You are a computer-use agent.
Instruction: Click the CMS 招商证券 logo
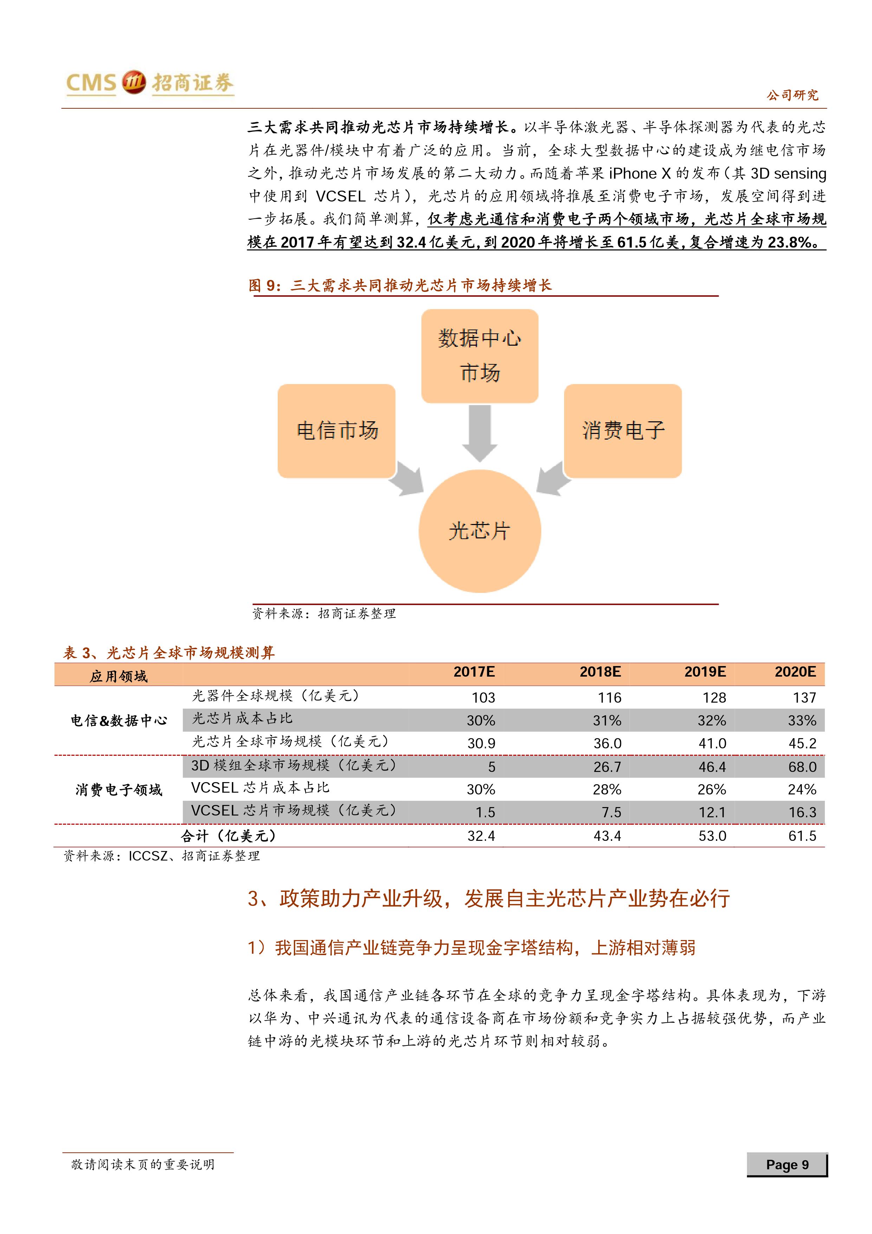150,83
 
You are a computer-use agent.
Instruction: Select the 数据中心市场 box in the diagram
479,356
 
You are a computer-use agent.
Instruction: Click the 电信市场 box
337,430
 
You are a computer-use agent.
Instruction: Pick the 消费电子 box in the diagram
623,430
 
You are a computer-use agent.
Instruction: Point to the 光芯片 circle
479,531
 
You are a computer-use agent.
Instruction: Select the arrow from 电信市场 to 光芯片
407,478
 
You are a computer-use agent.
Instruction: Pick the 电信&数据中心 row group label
119,721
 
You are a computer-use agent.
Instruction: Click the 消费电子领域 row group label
119,789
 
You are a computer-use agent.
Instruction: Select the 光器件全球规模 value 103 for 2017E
483,698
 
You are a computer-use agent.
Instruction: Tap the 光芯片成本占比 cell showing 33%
802,721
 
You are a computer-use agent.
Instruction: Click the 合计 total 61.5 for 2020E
802,836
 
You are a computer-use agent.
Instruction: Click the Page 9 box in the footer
787,1165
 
